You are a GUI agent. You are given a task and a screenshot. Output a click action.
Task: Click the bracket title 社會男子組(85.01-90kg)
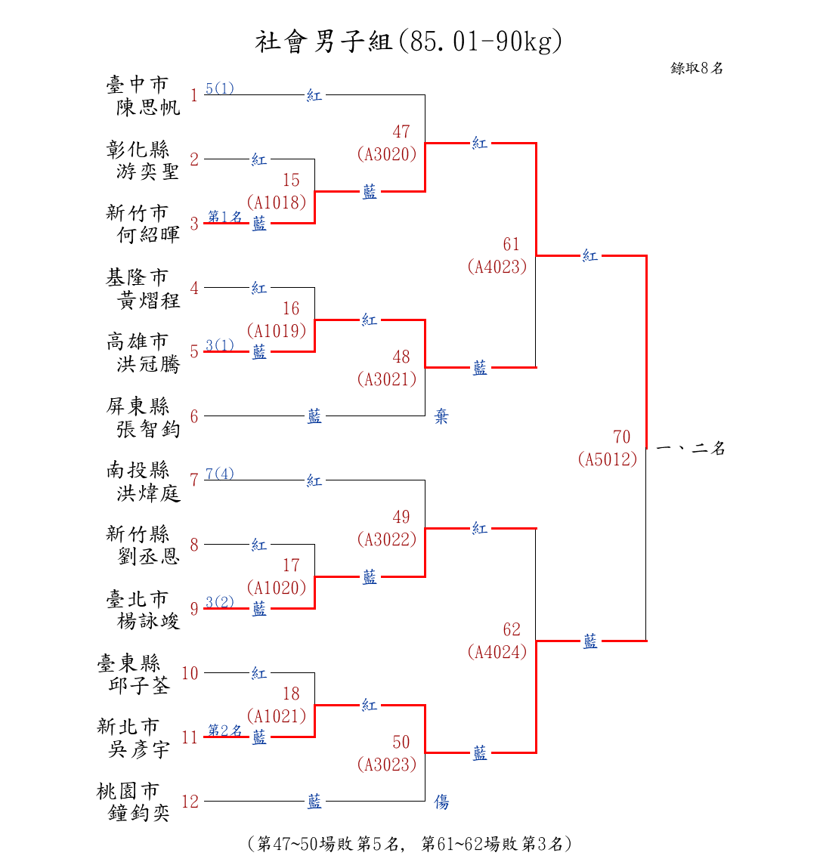tap(408, 42)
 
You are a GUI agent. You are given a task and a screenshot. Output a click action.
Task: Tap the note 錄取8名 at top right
tap(696, 69)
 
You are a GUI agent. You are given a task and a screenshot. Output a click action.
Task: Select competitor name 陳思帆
tap(148, 107)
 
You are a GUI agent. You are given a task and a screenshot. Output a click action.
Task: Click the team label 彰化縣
tap(138, 149)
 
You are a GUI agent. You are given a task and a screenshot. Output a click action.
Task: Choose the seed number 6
tap(194, 416)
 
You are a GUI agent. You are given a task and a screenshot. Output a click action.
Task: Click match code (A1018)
tap(277, 202)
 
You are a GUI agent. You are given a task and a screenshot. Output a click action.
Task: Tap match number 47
tap(401, 132)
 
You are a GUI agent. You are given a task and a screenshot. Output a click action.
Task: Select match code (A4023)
tap(497, 267)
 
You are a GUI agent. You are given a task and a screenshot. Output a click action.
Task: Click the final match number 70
tap(622, 437)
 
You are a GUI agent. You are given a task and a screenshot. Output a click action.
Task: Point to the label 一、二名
tap(691, 448)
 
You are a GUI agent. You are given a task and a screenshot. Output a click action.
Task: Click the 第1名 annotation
tap(224, 216)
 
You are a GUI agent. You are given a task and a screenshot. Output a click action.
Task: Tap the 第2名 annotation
tap(224, 731)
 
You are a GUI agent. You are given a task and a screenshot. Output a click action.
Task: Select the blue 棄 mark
tap(441, 416)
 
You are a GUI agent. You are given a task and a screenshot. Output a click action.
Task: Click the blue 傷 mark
tap(441, 802)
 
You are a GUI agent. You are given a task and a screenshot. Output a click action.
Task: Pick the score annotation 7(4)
tap(220, 474)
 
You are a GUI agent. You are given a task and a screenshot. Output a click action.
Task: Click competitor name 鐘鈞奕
tap(138, 813)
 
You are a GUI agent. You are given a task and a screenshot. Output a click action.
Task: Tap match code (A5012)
tap(608, 459)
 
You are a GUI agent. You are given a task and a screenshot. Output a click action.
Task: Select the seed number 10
tap(190, 674)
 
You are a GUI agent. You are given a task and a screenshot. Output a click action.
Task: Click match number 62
tap(512, 629)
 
